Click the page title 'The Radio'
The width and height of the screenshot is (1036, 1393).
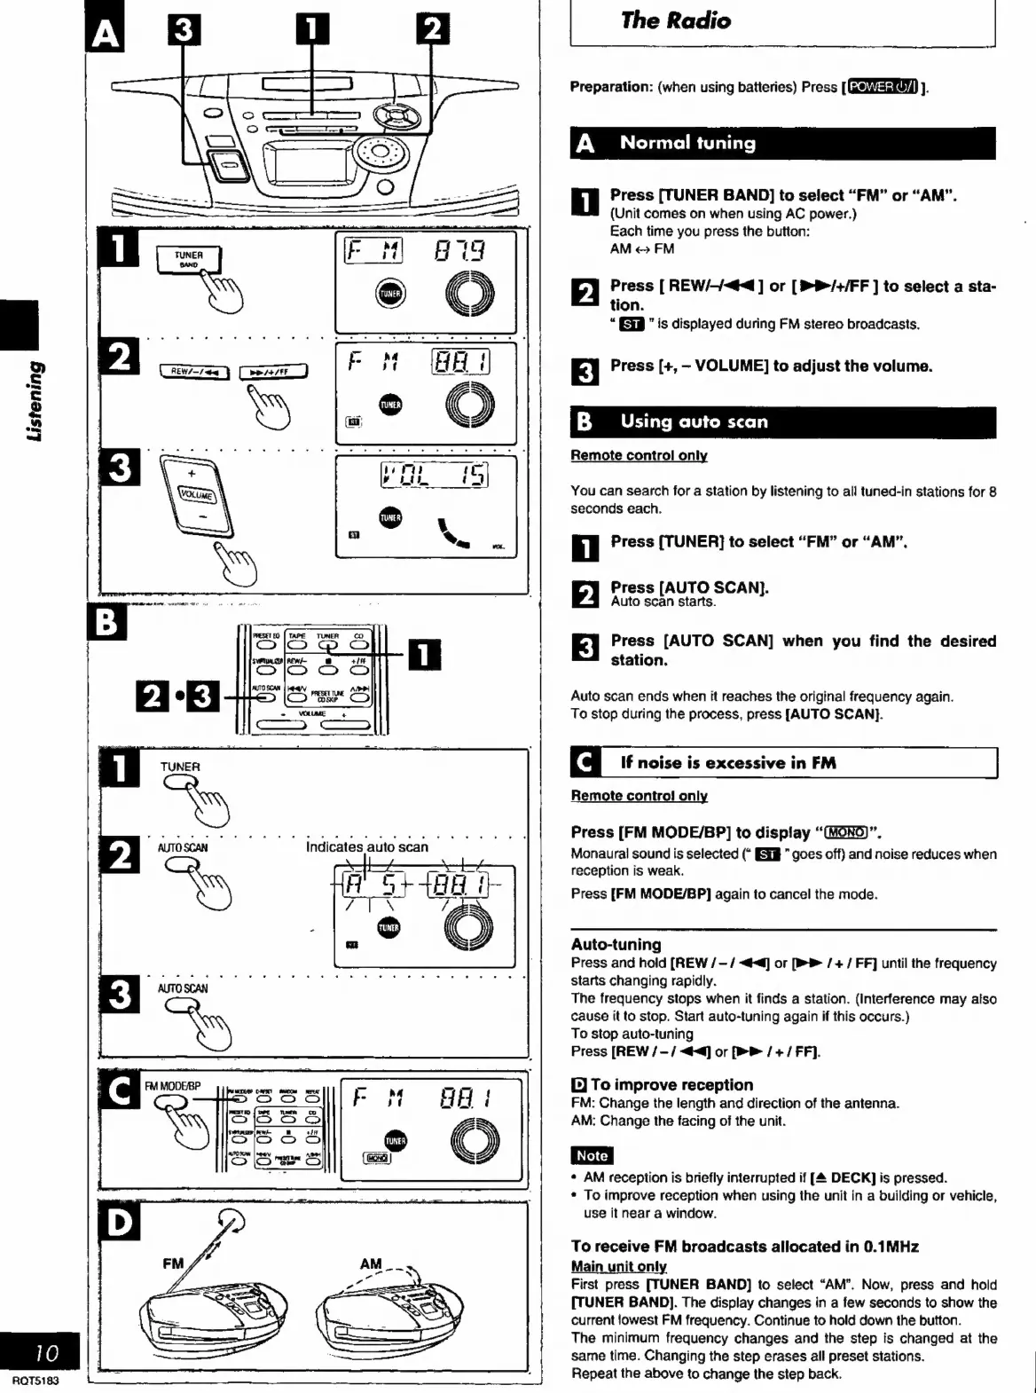(676, 21)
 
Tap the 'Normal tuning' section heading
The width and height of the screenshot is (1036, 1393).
(687, 143)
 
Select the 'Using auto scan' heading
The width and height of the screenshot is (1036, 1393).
(694, 422)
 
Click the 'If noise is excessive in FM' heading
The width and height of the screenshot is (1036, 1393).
(727, 763)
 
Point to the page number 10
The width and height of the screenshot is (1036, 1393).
(46, 1352)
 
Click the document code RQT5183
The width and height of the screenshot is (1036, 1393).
(35, 1381)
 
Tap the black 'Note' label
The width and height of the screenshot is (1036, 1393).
(592, 1155)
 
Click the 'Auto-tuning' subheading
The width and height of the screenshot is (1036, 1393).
(616, 944)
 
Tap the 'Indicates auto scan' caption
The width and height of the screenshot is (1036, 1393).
(366, 846)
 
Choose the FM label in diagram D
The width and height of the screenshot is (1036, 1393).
(173, 1263)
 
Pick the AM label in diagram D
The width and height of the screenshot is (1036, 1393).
(371, 1263)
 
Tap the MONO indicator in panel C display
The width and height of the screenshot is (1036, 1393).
(376, 1157)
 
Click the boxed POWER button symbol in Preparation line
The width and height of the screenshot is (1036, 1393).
(883, 87)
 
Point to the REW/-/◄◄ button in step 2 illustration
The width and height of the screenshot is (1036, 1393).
(193, 372)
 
